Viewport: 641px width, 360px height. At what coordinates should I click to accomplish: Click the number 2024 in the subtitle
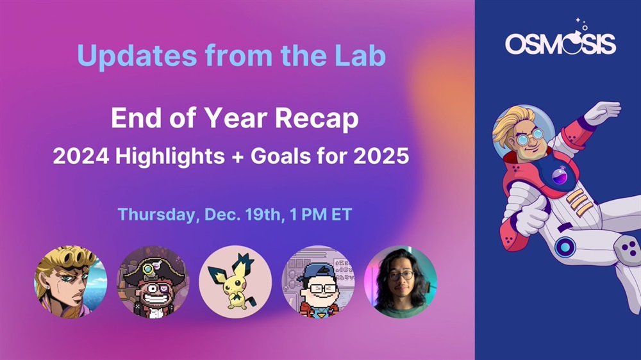pos(81,156)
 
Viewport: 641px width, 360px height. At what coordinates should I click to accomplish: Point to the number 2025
pos(381,156)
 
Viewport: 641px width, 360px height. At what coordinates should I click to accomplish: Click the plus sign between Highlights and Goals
pos(238,156)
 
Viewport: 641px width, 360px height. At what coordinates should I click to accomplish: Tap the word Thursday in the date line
pos(158,215)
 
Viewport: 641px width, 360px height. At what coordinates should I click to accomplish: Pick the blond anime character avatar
pos(71,282)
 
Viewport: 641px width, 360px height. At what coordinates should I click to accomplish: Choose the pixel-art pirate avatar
pos(153,282)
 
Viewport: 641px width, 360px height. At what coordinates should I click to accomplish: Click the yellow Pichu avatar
pos(235,282)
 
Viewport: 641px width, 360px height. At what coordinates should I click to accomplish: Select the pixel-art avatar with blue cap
pos(319,282)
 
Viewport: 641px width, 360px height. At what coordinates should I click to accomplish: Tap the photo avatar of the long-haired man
pos(401,282)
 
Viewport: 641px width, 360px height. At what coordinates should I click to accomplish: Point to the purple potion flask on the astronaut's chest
pos(560,176)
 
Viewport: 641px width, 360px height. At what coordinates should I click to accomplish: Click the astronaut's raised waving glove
pos(603,112)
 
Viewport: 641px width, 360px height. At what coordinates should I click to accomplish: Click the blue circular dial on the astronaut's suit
pos(565,247)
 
